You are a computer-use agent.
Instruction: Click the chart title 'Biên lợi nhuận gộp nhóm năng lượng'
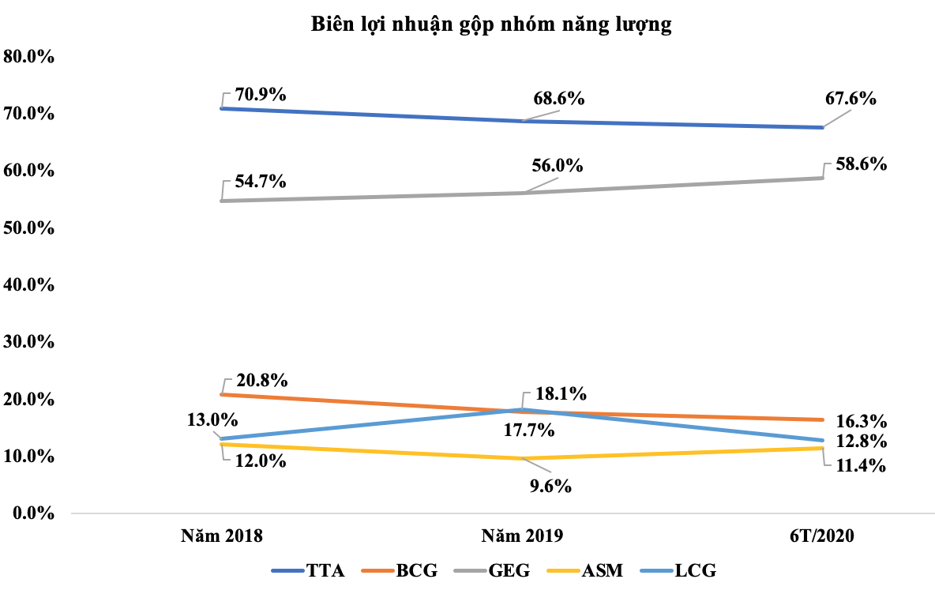tap(490, 25)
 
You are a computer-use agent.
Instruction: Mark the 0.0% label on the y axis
tap(32, 513)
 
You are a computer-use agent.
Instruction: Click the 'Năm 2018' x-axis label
tap(221, 536)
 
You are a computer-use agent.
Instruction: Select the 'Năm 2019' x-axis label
tap(523, 536)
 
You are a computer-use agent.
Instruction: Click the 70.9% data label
tap(261, 95)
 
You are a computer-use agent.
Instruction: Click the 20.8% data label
tap(261, 381)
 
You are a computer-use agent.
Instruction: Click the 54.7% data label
tap(261, 182)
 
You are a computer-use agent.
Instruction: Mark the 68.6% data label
tap(558, 100)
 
